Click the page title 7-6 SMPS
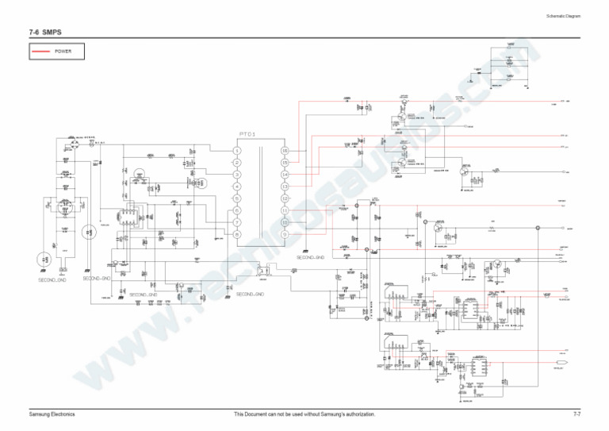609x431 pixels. pyautogui.click(x=45, y=32)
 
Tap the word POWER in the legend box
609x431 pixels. pyautogui.click(x=63, y=52)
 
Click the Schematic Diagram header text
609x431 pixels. pyautogui.click(x=564, y=17)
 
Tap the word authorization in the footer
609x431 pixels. pyautogui.click(x=356, y=414)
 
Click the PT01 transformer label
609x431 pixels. pyautogui.click(x=247, y=134)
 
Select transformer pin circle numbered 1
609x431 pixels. pyautogui.click(x=236, y=150)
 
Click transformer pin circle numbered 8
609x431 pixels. pyautogui.click(x=236, y=234)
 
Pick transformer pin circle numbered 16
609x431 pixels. pyautogui.click(x=285, y=150)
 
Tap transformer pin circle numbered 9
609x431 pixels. pyautogui.click(x=285, y=234)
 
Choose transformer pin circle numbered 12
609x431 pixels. pyautogui.click(x=285, y=198)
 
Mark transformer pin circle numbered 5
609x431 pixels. pyautogui.click(x=236, y=198)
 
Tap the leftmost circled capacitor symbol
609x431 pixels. pyautogui.click(x=42, y=259)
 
